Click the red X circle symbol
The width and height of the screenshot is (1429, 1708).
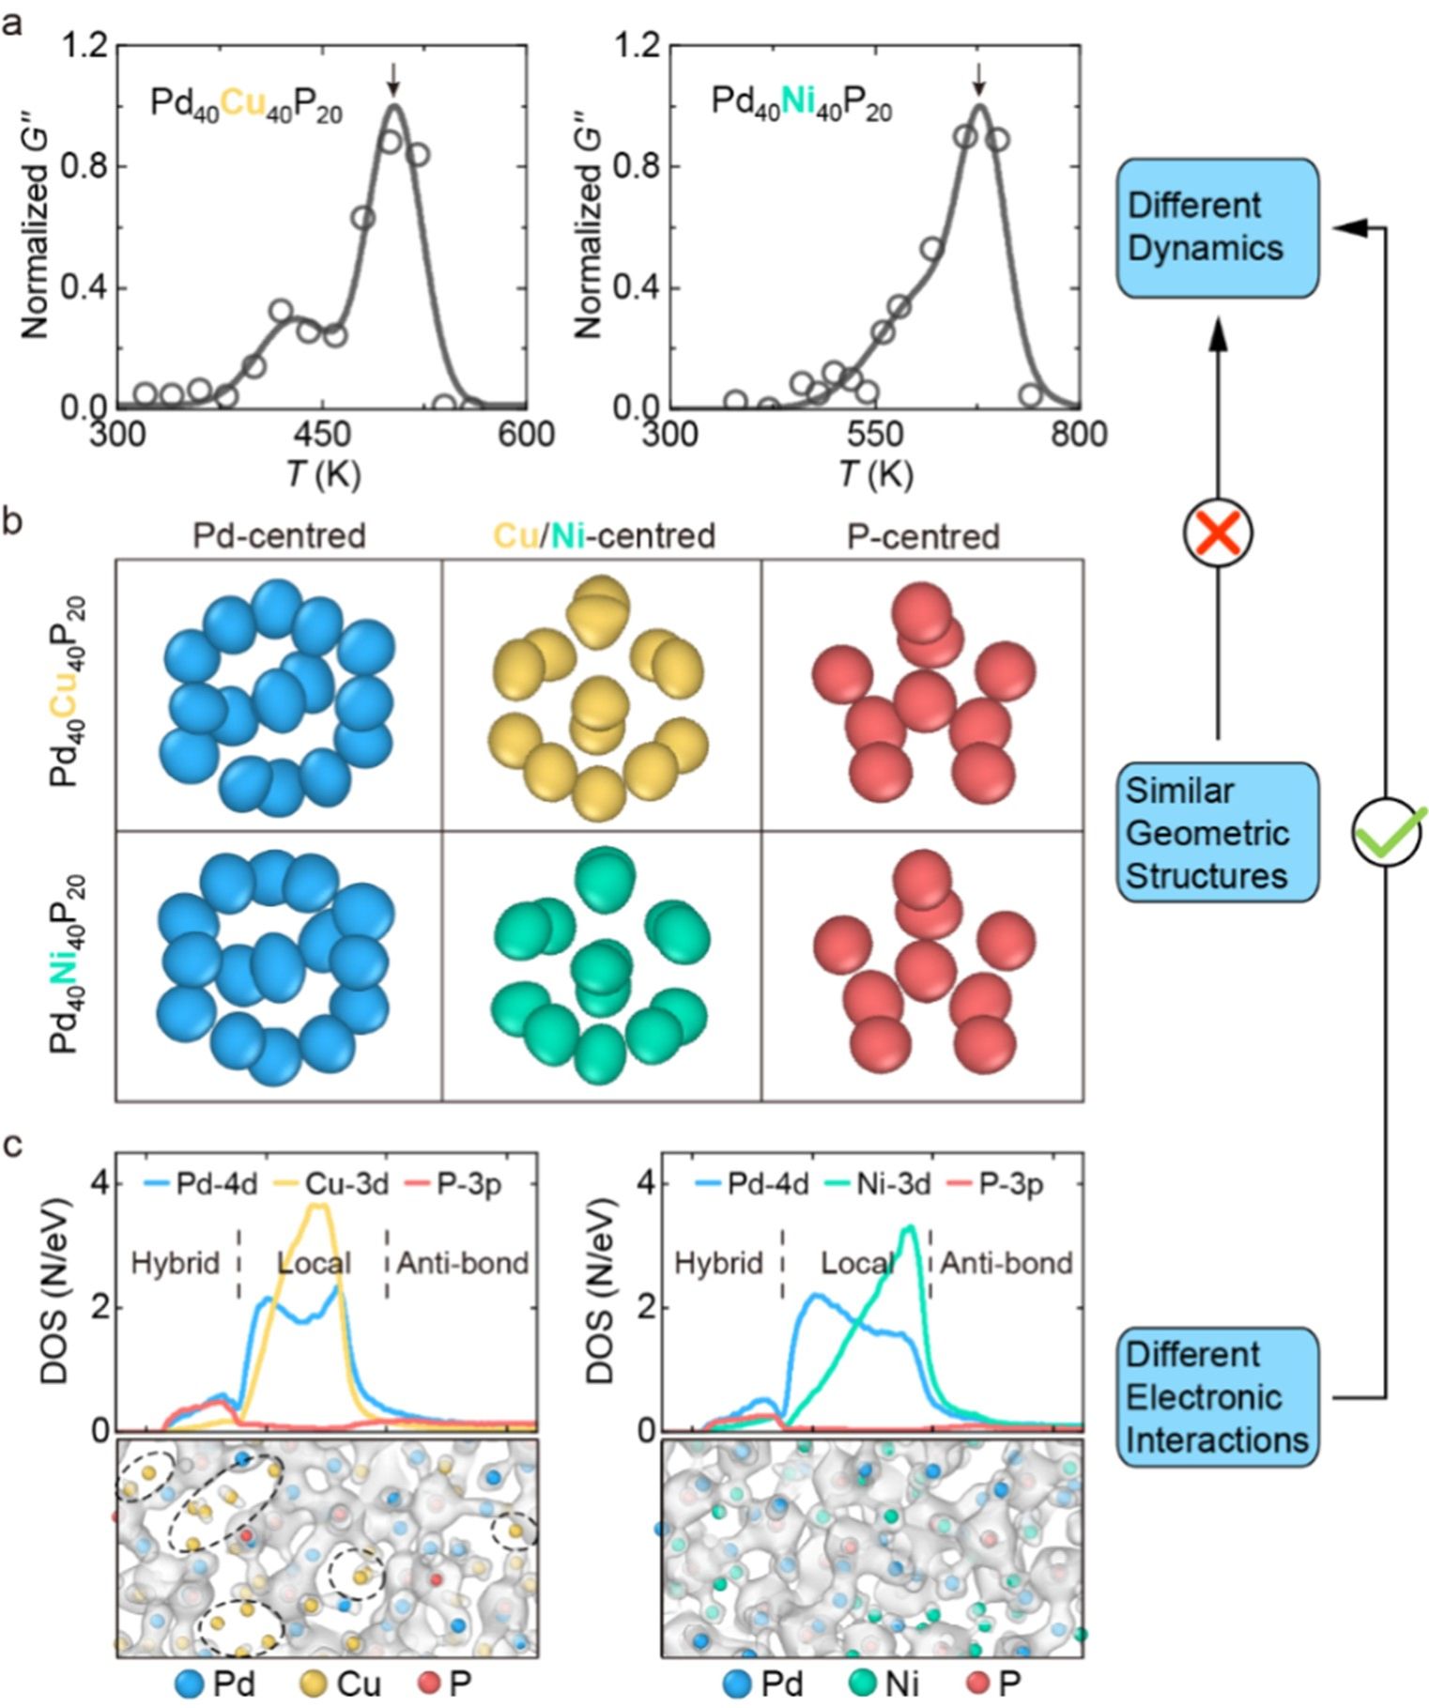1217,532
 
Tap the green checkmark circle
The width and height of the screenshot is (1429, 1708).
1387,832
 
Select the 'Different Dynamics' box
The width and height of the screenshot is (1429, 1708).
1217,227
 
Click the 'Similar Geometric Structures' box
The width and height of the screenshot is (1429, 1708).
1217,833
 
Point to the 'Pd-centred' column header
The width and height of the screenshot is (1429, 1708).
279,536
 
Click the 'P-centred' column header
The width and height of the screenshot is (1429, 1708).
923,536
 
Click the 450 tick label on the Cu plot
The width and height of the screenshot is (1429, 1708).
322,435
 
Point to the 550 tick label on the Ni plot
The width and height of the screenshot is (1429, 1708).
874,435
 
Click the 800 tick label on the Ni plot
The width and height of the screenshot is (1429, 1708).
1079,435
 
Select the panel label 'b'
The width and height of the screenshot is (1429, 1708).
13,523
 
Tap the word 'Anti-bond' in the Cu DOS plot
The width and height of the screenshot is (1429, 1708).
462,1264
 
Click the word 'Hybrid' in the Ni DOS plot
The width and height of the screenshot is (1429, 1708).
718,1264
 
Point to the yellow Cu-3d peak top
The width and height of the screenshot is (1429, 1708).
319,1206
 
